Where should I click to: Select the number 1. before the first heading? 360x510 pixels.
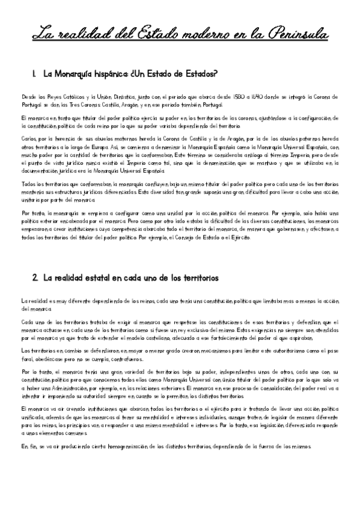coord(35,74)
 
